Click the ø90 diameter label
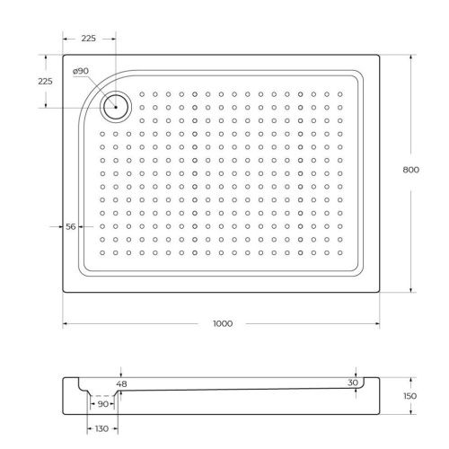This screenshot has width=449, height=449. pos(80,71)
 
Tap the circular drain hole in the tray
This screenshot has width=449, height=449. pos(116,107)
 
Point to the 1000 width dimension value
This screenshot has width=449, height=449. pos(221,322)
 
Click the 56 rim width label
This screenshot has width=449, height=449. pos(70,226)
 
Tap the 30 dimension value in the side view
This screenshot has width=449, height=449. pos(353,383)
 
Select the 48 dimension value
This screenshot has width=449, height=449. pos(122,384)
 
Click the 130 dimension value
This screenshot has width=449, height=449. pos(101,429)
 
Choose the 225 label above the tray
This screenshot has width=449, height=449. pos(89,40)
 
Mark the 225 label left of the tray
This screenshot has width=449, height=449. pos(46,81)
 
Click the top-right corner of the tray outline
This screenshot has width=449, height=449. pos(380,55)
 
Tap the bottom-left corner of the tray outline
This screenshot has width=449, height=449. pos(63,294)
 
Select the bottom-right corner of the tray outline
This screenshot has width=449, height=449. pos(380,294)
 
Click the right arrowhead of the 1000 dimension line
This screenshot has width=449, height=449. pos(377,322)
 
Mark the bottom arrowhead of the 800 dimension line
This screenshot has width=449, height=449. pos(411,291)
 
